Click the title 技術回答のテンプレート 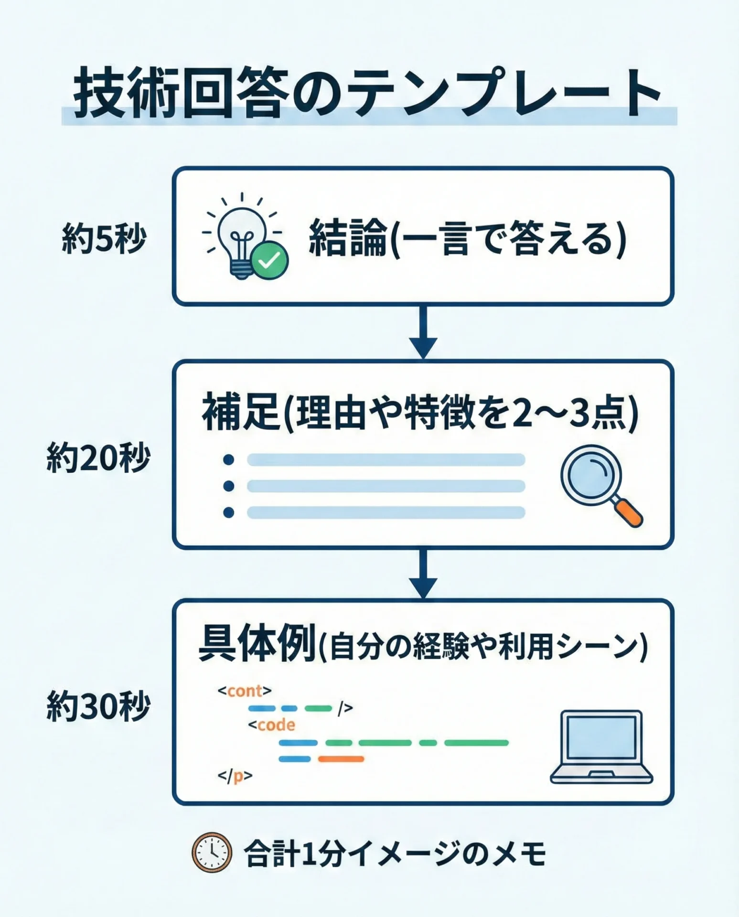368,93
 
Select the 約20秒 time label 98,458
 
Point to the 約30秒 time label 98,707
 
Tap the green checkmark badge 270,260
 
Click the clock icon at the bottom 212,853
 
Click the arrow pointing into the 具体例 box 423,573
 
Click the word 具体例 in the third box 257,645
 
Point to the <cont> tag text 245,691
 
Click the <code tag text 271,725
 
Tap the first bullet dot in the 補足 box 229,460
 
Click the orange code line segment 341,759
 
